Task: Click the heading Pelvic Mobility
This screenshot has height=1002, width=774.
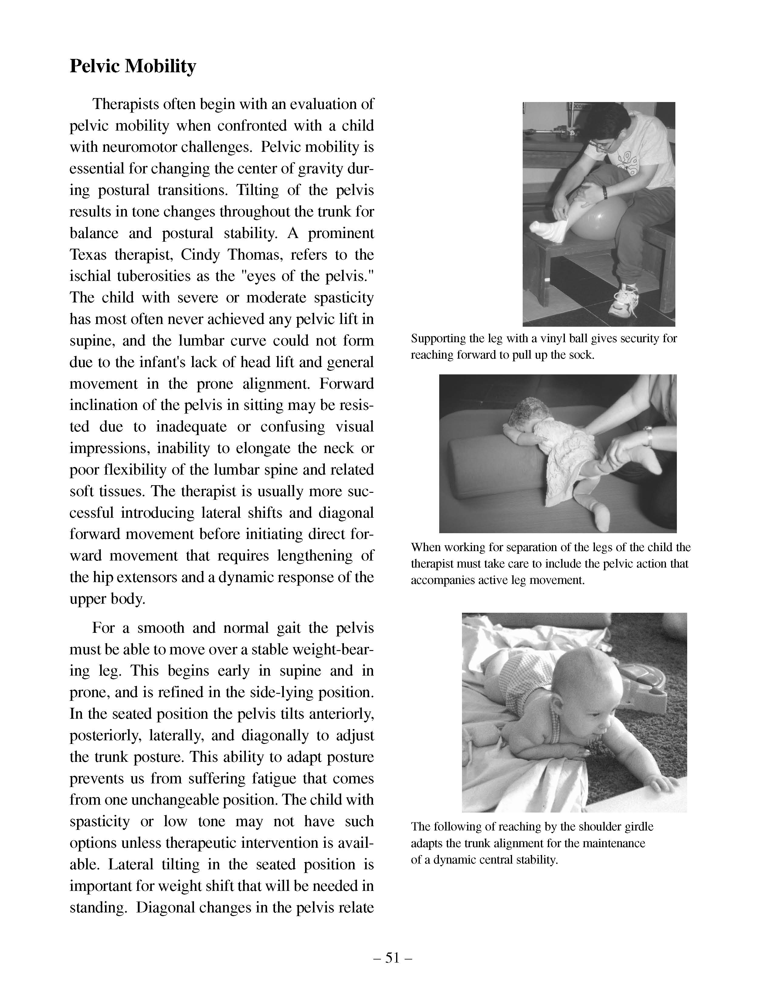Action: pos(133,66)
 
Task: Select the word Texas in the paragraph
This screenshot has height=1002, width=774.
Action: pos(87,255)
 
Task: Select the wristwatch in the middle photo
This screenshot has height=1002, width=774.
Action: pos(647,436)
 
